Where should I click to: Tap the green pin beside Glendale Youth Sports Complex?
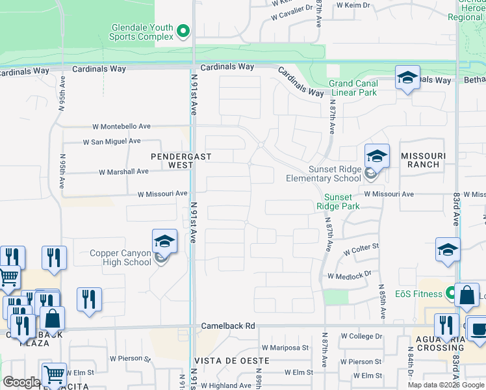tap(184, 31)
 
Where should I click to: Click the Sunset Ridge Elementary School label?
tap(325, 174)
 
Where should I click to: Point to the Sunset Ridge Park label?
tap(338, 201)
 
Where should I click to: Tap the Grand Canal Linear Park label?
tap(353, 88)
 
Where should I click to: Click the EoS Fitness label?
tap(418, 294)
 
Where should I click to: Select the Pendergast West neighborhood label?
tap(172, 161)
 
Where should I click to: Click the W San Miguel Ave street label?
tap(112, 141)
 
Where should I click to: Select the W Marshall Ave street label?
tap(123, 172)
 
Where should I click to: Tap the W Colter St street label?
tap(361, 249)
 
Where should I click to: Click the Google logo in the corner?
tap(21, 382)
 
